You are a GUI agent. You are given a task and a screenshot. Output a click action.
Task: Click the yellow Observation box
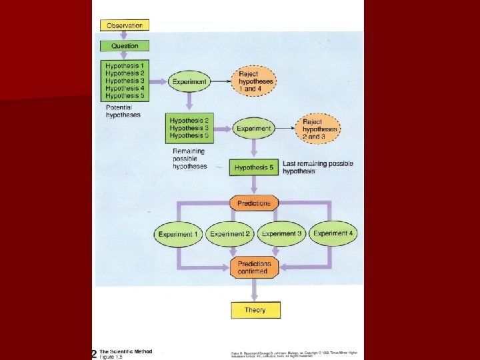pos(125,25)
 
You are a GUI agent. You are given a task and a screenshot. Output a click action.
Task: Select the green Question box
pos(125,46)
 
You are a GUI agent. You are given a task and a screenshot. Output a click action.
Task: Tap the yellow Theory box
pos(255,310)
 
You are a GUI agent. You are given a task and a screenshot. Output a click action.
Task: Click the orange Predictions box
pos(254,203)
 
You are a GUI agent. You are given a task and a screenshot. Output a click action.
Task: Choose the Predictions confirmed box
pos(254,267)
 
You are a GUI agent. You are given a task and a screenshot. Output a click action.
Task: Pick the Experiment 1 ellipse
pos(178,234)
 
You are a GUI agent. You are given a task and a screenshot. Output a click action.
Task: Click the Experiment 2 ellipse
pos(230,234)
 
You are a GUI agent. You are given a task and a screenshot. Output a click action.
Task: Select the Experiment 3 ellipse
pos(281,234)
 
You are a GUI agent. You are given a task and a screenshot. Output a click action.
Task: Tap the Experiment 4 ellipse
pos(333,233)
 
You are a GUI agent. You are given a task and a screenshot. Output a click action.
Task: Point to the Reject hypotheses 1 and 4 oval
pos(257,81)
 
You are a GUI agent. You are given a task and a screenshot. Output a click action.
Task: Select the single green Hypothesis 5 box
pos(254,167)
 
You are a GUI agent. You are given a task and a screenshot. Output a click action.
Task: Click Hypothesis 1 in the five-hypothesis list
pos(125,65)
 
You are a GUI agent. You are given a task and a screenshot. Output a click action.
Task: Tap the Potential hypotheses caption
pos(123,111)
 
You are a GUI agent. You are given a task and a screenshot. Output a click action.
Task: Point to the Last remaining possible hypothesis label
pos(318,167)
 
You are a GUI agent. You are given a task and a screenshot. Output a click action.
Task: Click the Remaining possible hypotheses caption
pos(190,159)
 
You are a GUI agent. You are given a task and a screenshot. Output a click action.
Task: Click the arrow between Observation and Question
pos(125,36)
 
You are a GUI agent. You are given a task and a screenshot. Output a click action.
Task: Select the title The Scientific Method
pos(126,351)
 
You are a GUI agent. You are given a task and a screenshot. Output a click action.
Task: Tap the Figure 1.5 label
pos(111,357)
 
